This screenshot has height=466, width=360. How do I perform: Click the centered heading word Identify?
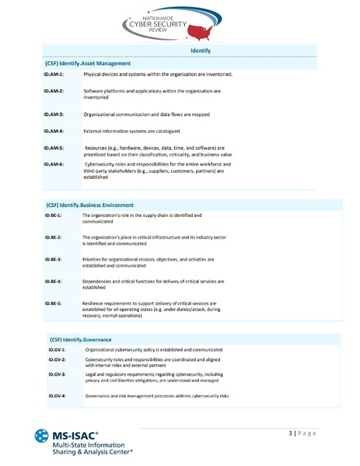click(x=201, y=51)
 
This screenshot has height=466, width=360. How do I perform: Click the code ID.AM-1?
click(x=54, y=74)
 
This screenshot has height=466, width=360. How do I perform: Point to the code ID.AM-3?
click(x=54, y=114)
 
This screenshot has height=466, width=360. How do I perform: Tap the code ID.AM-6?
click(x=54, y=165)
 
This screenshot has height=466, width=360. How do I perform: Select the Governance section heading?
click(x=81, y=339)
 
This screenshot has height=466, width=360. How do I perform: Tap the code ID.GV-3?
click(x=57, y=374)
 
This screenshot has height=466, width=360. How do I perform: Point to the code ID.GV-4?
click(x=57, y=396)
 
